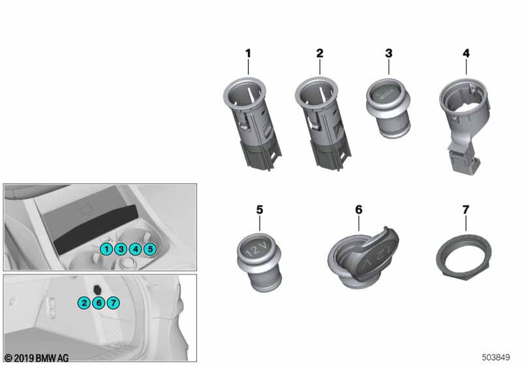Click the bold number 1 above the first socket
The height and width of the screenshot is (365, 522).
[248, 53]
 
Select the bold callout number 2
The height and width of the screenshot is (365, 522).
[320, 53]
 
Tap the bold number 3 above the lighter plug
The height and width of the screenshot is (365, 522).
[389, 53]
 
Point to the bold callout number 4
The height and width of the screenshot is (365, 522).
[466, 53]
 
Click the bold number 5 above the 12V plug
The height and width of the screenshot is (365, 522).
[260, 210]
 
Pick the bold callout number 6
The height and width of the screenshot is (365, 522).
[358, 210]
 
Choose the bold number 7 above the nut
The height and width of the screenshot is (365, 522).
[466, 210]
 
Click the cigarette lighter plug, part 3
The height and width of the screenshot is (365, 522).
[388, 108]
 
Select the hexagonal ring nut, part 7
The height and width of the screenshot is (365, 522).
[464, 257]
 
